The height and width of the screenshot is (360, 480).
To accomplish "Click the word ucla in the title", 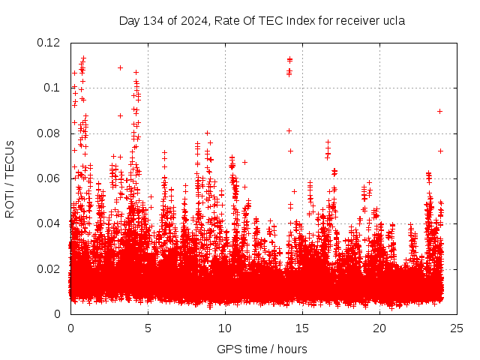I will (393, 21).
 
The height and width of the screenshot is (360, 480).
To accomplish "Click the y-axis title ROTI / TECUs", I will (10, 178).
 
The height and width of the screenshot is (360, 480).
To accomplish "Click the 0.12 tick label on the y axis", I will (49, 43).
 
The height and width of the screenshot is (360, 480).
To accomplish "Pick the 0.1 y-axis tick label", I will (52, 88).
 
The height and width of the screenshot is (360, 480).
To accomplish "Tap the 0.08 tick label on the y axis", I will (49, 133).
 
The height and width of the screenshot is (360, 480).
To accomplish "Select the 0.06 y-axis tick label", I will (49, 178).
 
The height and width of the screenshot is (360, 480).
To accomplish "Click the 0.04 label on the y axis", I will (49, 223).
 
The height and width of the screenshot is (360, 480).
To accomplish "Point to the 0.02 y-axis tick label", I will (49, 268).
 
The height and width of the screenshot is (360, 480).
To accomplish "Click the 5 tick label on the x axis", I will (148, 328).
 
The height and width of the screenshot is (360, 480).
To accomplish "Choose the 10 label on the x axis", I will (225, 328).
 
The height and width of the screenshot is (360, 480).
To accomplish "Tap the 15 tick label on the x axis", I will (302, 328).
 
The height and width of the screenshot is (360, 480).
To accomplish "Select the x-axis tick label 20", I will (379, 328).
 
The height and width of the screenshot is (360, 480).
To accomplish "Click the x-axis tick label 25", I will (457, 328).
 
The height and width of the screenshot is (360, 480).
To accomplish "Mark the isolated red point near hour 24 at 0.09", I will (440, 111).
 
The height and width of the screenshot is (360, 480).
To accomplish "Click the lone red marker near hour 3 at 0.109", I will (120, 67).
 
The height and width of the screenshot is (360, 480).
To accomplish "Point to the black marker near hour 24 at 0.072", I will (441, 151).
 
